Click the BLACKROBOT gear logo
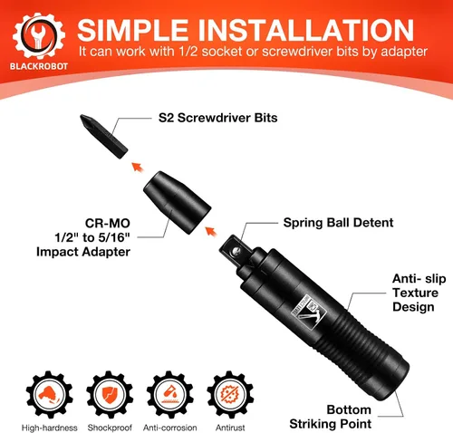click(x=39, y=35)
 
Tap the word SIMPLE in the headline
click(x=133, y=30)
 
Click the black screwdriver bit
click(x=103, y=136)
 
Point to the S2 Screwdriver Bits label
click(x=217, y=118)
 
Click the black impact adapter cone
click(x=177, y=202)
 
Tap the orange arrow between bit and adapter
click(x=138, y=167)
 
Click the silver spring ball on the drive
click(x=236, y=250)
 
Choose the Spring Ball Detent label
click(x=338, y=223)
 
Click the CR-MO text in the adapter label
click(x=108, y=224)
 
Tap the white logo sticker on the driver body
click(x=309, y=312)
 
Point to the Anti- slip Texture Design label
click(x=419, y=293)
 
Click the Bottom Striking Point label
click(x=331, y=417)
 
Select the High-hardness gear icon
click(x=49, y=394)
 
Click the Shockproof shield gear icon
click(x=110, y=394)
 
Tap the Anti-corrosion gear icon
click(x=170, y=394)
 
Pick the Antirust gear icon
click(x=230, y=394)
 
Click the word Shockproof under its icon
click(x=110, y=428)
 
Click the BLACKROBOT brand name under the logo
click(x=39, y=66)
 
